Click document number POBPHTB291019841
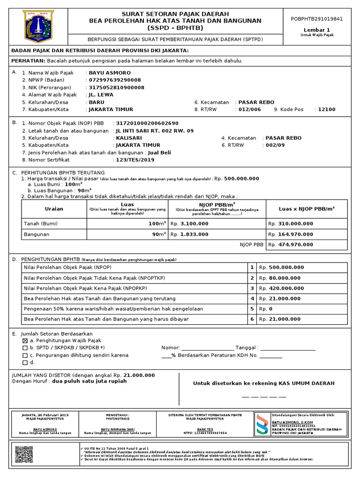321,19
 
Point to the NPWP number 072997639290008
114,80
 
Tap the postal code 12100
327,109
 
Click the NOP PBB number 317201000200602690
147,123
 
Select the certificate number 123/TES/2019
135,160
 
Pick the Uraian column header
53,209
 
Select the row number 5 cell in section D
252,309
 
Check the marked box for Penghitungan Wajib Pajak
25,340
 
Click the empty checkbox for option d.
25,362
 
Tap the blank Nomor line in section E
207,348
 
